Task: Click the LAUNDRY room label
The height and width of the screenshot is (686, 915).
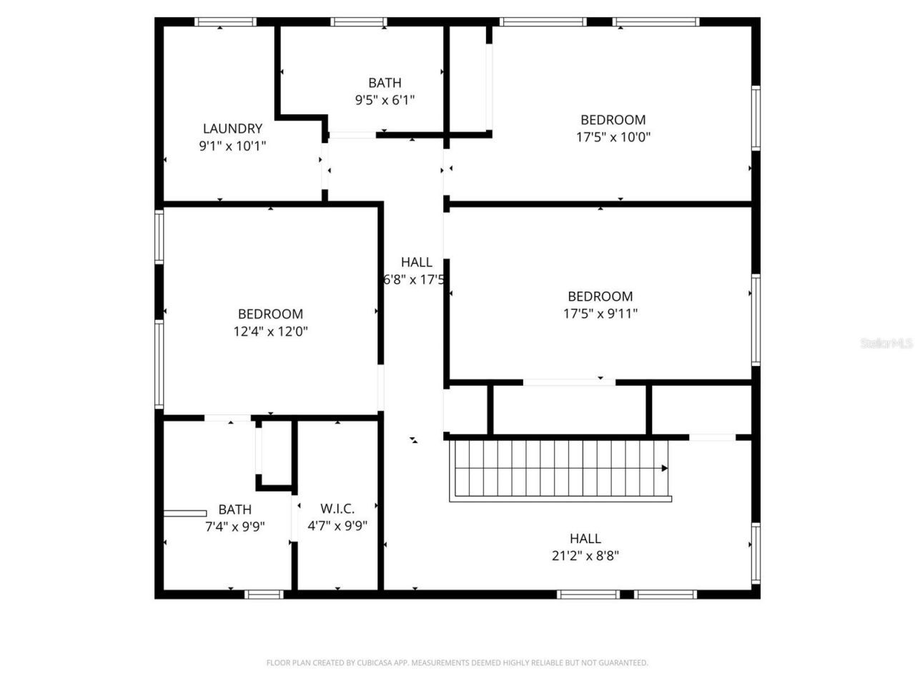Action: [232, 129]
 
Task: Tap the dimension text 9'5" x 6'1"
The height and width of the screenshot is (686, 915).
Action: [385, 100]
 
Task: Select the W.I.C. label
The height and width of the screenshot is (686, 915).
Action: [337, 509]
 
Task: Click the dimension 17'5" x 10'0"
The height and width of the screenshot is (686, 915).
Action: [613, 137]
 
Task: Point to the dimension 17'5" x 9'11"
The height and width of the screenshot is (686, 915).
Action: [600, 313]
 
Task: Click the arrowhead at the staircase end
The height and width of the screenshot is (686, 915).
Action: [665, 469]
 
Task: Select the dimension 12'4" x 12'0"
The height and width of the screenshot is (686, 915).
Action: [270, 332]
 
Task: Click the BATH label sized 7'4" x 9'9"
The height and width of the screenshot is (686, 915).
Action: [234, 509]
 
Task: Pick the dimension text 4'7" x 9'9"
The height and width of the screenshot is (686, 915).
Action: [337, 526]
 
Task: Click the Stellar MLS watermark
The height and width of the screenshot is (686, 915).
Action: [886, 344]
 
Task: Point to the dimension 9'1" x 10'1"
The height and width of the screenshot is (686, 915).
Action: [232, 146]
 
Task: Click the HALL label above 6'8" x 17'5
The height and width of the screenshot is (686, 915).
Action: [416, 262]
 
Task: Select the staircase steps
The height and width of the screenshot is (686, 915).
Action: [558, 468]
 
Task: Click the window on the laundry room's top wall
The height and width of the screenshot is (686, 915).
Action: [226, 22]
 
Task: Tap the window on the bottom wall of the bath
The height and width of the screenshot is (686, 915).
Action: [264, 594]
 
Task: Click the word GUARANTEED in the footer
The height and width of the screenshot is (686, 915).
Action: [623, 663]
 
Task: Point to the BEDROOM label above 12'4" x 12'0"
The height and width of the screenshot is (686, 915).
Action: [270, 314]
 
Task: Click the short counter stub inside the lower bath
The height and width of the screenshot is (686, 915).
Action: [185, 512]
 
